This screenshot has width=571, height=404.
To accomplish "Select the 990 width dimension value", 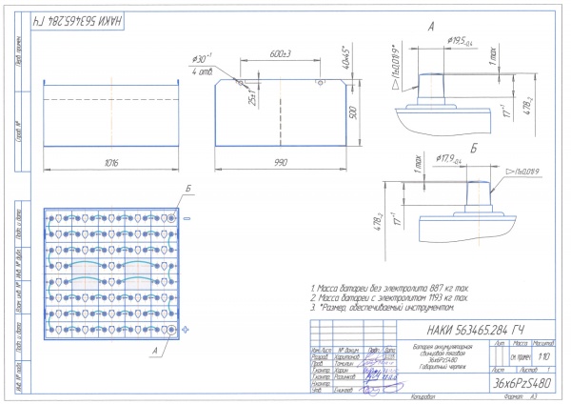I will point(281,163).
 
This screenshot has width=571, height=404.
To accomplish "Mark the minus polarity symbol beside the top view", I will point(187,218).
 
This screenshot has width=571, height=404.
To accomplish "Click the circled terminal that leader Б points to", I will point(171,218).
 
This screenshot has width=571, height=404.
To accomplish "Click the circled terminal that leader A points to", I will point(171,328).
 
